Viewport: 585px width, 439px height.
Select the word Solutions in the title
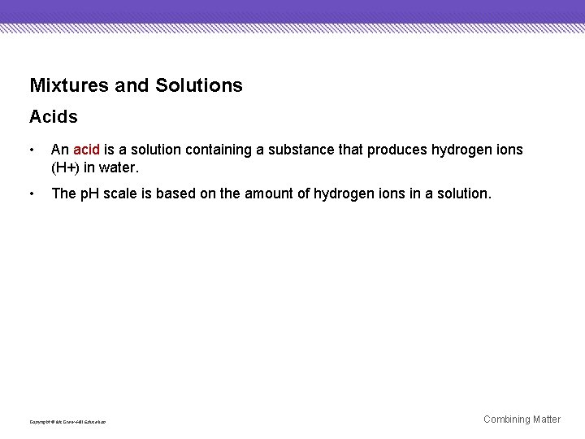pos(198,85)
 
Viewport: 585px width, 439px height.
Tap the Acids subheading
pos(54,117)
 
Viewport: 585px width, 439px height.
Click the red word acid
pos(86,150)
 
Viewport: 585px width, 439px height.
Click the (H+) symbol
pos(65,167)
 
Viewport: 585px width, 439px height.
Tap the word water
pos(120,167)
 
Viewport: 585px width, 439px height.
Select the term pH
pos(88,193)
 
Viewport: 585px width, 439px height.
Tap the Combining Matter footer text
pos(522,419)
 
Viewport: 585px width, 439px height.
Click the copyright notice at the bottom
pos(67,422)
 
